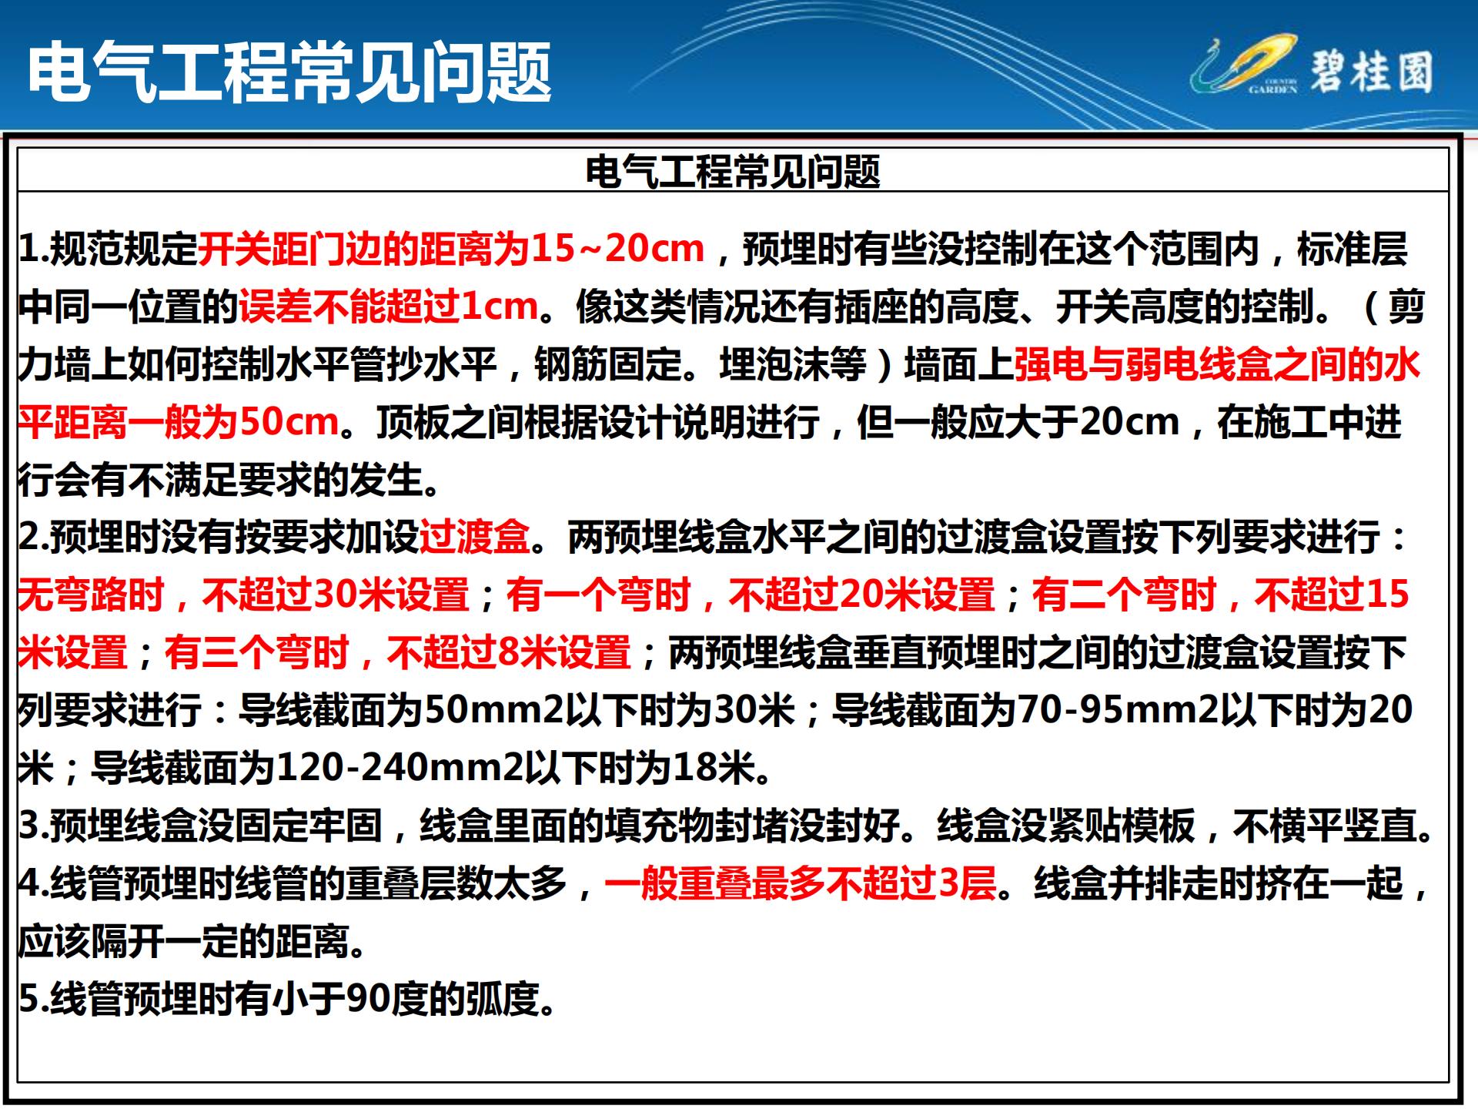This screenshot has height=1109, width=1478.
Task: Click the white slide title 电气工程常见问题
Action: (289, 72)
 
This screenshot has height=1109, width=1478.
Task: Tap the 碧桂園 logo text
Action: (1372, 72)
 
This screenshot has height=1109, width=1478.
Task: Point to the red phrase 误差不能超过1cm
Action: (388, 307)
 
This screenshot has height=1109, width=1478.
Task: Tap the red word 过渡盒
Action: (474, 537)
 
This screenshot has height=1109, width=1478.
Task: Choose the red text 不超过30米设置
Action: (336, 595)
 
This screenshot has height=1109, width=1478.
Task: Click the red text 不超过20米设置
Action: (862, 595)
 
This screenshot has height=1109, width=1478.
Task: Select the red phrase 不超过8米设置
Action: (508, 652)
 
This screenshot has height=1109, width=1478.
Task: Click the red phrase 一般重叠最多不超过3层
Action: (801, 883)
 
